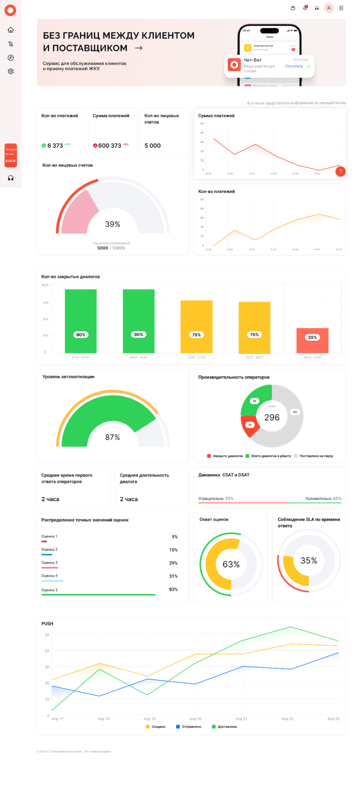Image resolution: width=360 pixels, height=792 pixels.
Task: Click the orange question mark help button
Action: pos(340,171)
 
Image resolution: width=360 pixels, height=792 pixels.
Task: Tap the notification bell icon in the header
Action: pos(305,8)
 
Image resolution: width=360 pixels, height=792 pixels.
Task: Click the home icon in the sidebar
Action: pos(11,30)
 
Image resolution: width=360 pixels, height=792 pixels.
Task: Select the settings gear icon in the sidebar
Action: pos(11,71)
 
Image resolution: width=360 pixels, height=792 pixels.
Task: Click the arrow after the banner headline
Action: pos(139,48)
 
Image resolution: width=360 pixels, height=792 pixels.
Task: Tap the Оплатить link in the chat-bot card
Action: pos(294,66)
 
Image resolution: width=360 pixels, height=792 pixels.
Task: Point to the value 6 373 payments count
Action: pos(55,145)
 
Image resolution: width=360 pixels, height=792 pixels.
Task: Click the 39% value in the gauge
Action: pos(112,224)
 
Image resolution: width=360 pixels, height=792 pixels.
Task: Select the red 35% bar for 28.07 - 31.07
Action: pos(312,340)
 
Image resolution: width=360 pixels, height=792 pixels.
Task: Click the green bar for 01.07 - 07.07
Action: pos(81,321)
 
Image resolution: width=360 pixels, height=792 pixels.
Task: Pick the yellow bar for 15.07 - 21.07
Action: pos(196,326)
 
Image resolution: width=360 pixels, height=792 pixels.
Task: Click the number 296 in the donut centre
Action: pos(272,417)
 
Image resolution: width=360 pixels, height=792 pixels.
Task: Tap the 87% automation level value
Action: pos(112,437)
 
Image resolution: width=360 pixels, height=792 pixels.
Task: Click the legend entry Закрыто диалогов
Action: pos(225,456)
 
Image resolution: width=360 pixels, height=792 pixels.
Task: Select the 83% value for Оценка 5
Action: pos(173,589)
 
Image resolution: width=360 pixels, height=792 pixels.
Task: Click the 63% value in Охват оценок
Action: pos(231,564)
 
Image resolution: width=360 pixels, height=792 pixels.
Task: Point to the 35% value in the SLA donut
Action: pos(309,560)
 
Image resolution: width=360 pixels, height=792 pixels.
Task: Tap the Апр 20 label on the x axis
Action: pos(195,719)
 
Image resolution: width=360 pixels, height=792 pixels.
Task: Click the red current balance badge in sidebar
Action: pos(11,155)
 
